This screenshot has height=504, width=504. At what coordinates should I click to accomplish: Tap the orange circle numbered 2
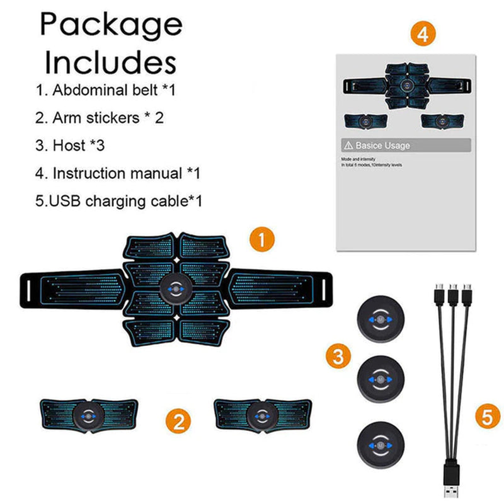tap(179, 420)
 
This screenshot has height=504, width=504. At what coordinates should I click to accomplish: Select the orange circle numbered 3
tap(339, 357)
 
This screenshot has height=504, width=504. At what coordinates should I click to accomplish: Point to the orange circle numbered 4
tap(423, 33)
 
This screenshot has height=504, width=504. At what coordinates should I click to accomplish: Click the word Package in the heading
tap(112, 25)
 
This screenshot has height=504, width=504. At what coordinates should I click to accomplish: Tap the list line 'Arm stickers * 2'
tap(100, 117)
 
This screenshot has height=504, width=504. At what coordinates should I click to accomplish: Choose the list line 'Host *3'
tap(70, 145)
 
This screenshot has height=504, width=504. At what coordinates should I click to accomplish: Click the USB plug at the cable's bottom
tap(452, 483)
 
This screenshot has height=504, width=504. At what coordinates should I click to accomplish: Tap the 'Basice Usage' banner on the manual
tap(404, 146)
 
